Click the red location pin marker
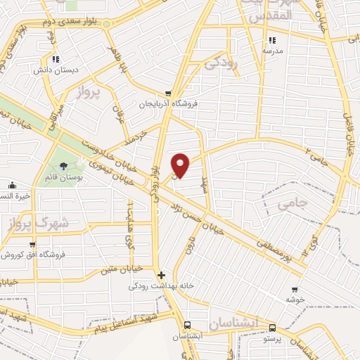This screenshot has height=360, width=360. [x=181, y=165]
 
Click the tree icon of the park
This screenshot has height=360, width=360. [x=65, y=167]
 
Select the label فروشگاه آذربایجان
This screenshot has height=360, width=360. [x=168, y=103]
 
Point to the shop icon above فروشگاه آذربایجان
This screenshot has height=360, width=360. [x=168, y=93]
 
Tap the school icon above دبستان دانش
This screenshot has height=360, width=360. [x=56, y=59]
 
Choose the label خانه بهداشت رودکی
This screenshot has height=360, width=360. [x=160, y=287]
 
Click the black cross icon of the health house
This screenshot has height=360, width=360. [x=161, y=275]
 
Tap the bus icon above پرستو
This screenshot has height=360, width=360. [x=272, y=328]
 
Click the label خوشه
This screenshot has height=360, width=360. [x=293, y=299]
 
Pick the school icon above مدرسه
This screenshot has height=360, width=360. [x=272, y=39]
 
